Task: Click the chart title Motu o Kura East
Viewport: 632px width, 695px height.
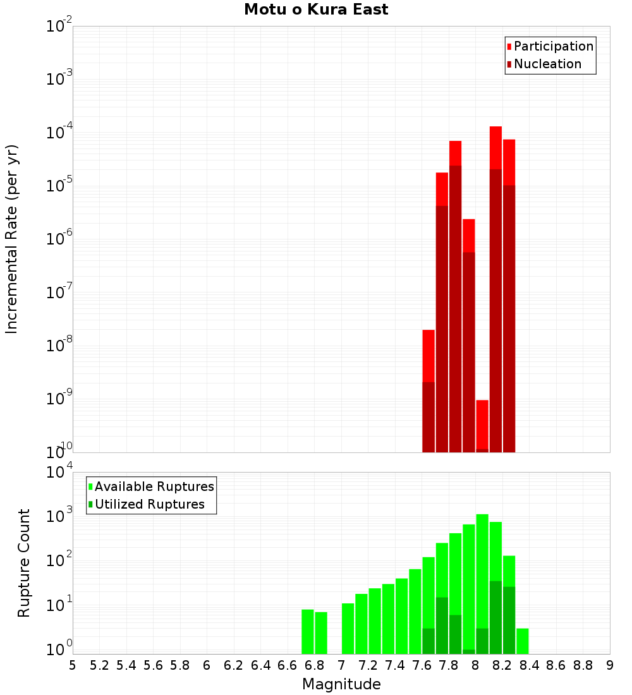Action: tap(316, 9)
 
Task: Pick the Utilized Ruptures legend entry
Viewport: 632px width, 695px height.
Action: tap(149, 504)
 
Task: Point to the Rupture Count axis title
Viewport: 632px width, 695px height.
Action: tap(24, 563)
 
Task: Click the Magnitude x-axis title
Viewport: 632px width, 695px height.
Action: tap(341, 684)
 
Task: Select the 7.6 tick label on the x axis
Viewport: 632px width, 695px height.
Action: tap(422, 665)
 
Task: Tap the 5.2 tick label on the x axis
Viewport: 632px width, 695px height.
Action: tap(99, 665)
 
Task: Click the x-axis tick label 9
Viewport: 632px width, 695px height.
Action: tap(609, 665)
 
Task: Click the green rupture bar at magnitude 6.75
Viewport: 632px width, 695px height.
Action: tap(308, 632)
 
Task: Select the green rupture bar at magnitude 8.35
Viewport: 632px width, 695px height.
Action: tap(523, 641)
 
